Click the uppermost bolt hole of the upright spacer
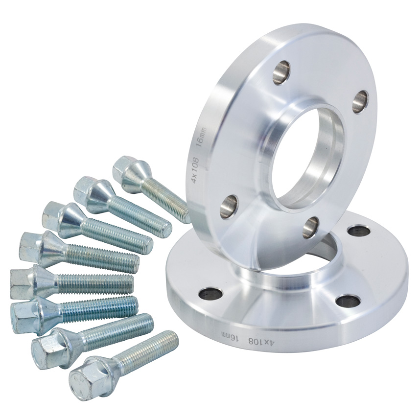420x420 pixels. [281, 72]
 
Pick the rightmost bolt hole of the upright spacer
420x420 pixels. [360, 103]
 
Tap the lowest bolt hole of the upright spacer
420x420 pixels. [311, 227]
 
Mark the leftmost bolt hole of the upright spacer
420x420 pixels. [229, 206]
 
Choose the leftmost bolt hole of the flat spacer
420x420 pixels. [210, 294]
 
